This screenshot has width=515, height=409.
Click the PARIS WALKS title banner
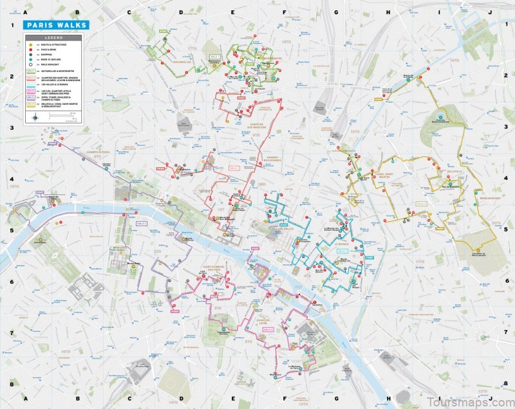point(55,26)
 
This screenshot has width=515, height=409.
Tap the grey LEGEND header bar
point(55,38)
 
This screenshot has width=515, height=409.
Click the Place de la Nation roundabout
point(482,337)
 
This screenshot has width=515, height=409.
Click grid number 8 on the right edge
point(505,385)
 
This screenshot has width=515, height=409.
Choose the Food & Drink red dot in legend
point(29,51)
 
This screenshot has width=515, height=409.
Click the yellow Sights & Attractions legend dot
point(29,45)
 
